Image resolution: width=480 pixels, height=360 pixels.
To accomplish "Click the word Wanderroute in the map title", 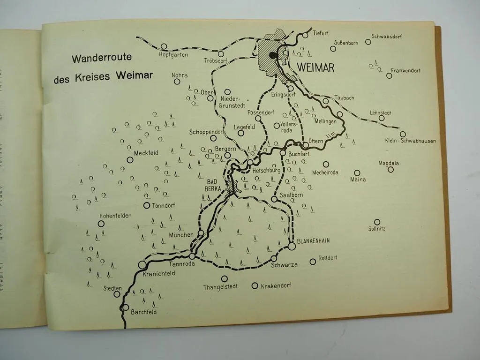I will pos(102,59).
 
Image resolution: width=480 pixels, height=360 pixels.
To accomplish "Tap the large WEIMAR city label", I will pos(315,68).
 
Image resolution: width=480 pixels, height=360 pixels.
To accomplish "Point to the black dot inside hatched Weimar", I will pos(273,55).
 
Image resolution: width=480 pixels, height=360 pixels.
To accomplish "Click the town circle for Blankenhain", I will pos(292,246).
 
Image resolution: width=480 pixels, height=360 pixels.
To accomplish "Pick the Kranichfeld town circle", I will pos(142,265).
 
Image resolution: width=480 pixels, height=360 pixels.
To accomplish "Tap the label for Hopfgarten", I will pos(173,54).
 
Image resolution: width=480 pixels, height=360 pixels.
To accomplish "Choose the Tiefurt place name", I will pos(321,33).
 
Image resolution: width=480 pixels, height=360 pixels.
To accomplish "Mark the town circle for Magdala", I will pos(390,170).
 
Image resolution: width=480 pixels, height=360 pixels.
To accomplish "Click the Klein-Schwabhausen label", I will pos(411,141).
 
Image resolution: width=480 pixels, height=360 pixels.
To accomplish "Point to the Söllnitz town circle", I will pos(377,222).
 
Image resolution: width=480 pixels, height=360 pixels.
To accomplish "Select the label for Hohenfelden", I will pos(115,216).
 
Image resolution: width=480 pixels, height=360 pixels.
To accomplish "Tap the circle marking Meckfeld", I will pos(130,160).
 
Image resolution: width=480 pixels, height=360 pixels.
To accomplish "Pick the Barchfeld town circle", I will pos(125,307).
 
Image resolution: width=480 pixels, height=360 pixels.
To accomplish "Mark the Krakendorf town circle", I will pos(255,285).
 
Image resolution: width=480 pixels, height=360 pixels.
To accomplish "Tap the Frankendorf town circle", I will pos(389,75).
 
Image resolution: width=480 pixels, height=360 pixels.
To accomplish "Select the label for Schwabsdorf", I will pos(387,36).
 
